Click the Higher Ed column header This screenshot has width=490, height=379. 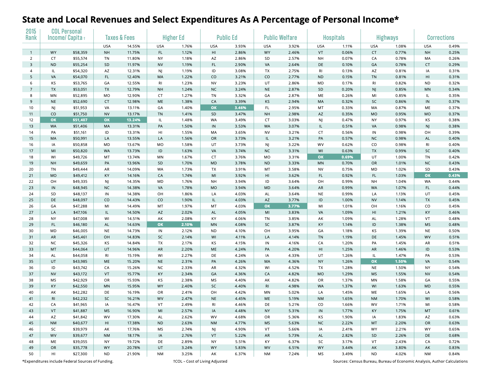pos(173,37)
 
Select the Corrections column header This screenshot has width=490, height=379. pos(440,37)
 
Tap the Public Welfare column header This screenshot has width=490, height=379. pos(280,37)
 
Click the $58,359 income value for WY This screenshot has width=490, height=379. pos(80,52)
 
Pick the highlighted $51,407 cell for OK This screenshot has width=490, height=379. pos(80,120)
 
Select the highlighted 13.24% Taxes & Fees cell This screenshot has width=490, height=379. pos(134,120)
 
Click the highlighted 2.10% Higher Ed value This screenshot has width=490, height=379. pos(187,225)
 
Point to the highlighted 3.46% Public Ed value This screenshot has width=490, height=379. pos(240,108)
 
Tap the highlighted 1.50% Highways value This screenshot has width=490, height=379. pos(401,261)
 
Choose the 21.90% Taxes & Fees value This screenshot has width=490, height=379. pos(134,354)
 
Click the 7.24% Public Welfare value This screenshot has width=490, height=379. pos(294,354)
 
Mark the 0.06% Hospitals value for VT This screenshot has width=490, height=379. pos(347,52)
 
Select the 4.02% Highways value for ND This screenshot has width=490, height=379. pos(401,354)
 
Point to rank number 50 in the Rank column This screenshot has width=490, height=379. pos(31,354)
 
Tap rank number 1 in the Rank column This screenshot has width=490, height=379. pos(31,52)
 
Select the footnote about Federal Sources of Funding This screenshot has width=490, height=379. pos(68,361)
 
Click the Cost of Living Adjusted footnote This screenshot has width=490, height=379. pos(200,361)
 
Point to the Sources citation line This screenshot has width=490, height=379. pos(400,361)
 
